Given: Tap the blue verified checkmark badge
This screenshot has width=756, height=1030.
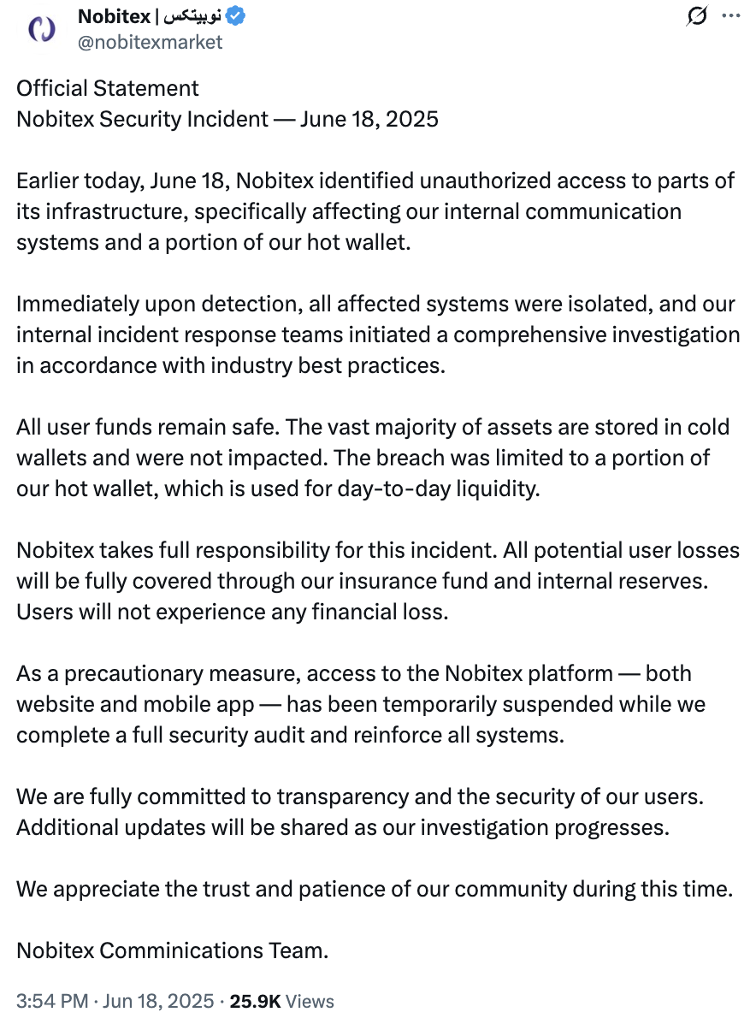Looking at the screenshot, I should point(235,16).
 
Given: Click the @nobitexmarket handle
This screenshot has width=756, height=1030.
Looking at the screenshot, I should point(150,42).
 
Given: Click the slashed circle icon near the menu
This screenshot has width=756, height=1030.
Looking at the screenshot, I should point(698,15).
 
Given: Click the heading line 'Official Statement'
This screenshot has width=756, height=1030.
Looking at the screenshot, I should point(108,88).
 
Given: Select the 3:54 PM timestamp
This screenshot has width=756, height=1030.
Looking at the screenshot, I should point(53,1001).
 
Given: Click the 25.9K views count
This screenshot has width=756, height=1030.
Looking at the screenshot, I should point(255,1001).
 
